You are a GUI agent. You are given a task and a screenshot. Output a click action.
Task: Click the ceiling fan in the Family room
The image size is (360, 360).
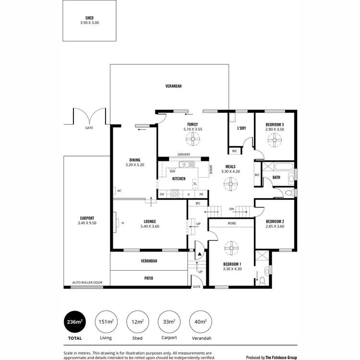(x=193, y=140)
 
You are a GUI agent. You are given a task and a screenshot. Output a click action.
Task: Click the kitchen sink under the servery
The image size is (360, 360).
(x=184, y=166)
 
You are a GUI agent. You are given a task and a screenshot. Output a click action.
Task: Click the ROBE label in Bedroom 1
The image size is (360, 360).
(x=231, y=223)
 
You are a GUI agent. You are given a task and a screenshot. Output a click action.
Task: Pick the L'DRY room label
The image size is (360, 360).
(x=241, y=128)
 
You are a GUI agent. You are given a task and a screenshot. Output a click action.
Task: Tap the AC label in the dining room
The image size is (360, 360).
(x=119, y=191)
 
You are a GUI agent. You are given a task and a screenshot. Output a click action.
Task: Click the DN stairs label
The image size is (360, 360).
(x=231, y=209)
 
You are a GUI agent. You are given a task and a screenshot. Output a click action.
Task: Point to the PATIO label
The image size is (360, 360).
(x=148, y=277)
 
